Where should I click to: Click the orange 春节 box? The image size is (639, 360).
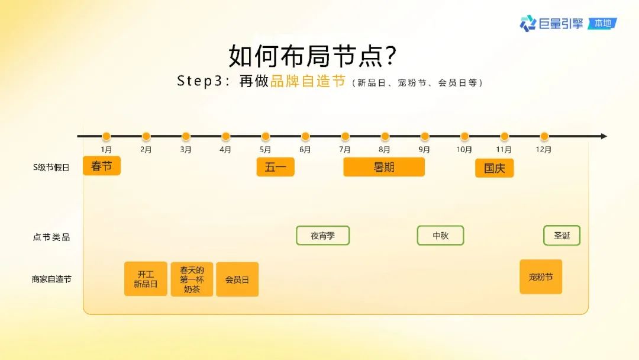pos(102,166)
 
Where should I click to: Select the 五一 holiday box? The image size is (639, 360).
pos(276,167)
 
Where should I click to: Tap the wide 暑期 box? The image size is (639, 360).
pos(384,167)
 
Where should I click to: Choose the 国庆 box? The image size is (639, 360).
pos(494,168)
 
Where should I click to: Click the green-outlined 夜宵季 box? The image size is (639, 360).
pos(323,236)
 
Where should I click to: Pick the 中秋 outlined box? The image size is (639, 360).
pos(441,236)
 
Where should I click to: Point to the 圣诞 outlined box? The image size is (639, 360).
pos(561,236)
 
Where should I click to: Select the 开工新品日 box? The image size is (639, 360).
pos(146,279)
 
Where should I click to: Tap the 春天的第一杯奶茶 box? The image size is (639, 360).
pos(192,279)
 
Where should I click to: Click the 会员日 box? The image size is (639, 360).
pos(237,279)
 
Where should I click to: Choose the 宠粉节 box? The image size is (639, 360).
pos(541,277)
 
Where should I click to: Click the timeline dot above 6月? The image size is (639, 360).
pos(305,136)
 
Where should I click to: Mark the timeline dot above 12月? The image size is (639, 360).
pos(544,136)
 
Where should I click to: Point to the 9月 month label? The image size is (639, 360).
pos(424,150)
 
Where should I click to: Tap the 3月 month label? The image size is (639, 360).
pos(185,150)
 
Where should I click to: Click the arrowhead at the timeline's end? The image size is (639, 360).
pos(604,136)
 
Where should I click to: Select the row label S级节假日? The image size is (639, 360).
pos(51,167)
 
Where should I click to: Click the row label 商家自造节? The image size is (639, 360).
pos(51,279)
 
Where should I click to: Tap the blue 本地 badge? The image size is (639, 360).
pos(603,24)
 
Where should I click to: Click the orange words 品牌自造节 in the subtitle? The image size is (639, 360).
pos(308,81)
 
